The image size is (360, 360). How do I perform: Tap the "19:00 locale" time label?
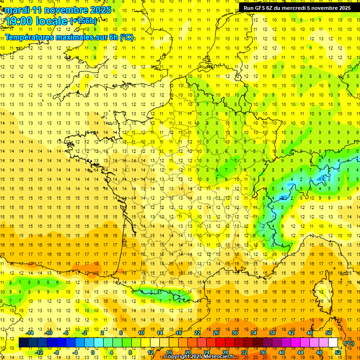click(x=37, y=21)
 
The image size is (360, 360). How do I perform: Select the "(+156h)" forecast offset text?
click(x=84, y=21)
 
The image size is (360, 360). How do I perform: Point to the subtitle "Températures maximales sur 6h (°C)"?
click(x=69, y=37)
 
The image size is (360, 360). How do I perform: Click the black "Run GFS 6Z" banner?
click(x=297, y=7)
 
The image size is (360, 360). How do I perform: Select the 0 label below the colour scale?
click(x=93, y=352)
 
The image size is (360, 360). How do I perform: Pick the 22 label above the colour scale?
click(x=197, y=333)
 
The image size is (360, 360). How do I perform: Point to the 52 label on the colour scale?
click(x=338, y=352)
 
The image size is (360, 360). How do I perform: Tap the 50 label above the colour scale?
click(x=329, y=333)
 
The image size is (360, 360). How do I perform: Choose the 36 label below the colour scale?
click(x=263, y=352)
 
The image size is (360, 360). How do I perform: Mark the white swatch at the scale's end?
click(x=333, y=343)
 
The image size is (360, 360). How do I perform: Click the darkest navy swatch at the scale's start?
click(x=23, y=343)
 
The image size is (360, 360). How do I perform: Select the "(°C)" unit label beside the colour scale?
click(x=349, y=343)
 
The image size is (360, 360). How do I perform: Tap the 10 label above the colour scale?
click(x=141, y=333)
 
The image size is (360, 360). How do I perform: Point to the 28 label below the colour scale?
click(x=225, y=352)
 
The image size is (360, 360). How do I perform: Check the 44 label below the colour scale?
click(x=300, y=352)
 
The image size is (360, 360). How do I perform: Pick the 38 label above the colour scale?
click(x=272, y=333)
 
